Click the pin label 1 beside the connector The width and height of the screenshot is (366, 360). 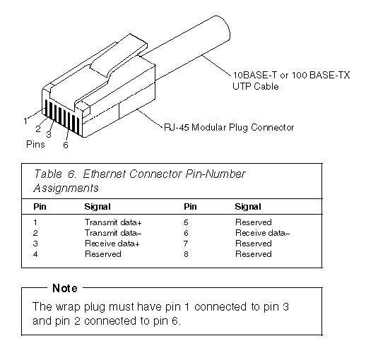tap(25, 121)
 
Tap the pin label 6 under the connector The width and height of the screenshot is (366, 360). tap(66, 145)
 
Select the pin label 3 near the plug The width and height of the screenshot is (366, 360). tap(49, 134)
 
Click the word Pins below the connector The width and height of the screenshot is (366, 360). tap(35, 144)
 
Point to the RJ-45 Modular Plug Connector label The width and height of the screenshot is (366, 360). tap(229, 127)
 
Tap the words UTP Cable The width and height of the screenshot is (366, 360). tap(256, 86)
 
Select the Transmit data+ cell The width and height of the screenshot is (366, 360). tap(113, 222)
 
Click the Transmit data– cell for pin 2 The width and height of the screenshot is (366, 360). tap(113, 233)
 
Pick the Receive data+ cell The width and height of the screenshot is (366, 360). tap(112, 244)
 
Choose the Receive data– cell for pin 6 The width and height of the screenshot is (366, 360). tap(263, 233)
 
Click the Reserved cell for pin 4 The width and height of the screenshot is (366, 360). tap(103, 254)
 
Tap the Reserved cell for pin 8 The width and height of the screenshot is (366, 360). tap(254, 254)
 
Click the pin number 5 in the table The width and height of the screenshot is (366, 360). tap(186, 222)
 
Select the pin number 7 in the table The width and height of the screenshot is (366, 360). tap(186, 244)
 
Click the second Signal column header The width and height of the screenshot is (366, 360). tap(248, 207)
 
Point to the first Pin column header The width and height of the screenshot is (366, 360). tap(40, 206)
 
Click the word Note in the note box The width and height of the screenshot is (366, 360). tap(65, 288)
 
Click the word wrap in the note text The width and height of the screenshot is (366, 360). tap(68, 307)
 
